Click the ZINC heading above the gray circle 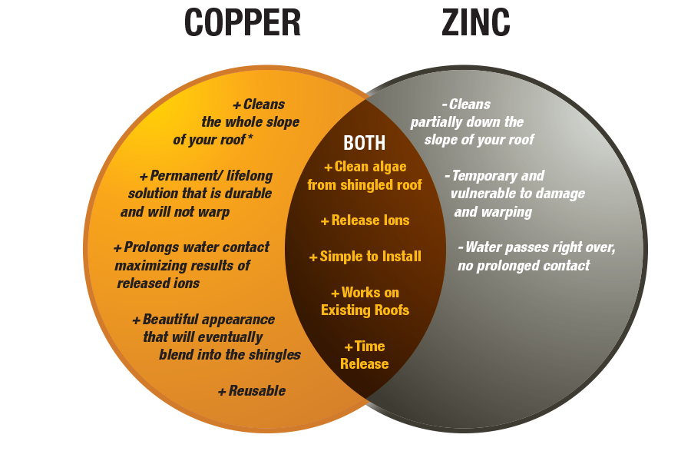(467, 23)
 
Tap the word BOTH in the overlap (365, 143)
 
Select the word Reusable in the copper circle (257, 390)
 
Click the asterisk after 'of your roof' (251, 138)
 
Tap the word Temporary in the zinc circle (488, 176)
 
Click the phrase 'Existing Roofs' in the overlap (365, 310)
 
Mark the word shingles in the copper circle (276, 354)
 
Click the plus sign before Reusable (222, 391)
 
